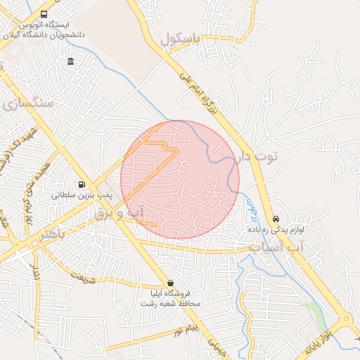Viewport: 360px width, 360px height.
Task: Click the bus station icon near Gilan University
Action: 44,14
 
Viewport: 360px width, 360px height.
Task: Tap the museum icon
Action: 71,62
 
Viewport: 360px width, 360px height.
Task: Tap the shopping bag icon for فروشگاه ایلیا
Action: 169,283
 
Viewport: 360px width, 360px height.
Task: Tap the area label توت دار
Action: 258,155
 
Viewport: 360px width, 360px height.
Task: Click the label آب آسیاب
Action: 278,248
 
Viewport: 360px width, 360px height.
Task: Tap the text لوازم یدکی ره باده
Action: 276,229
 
